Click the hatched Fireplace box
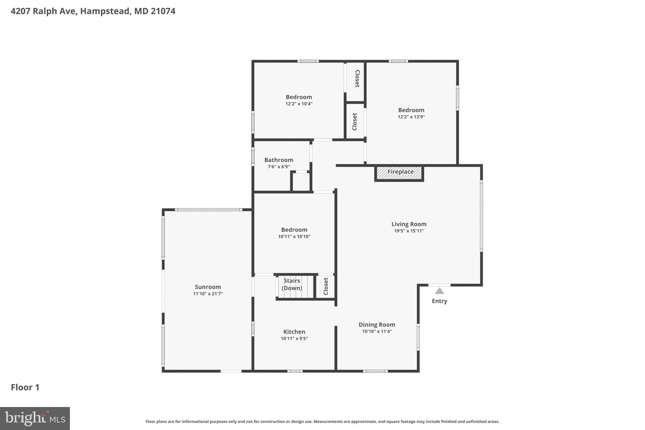(x=399, y=173)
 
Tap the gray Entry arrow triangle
(x=439, y=291)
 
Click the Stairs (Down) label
(x=292, y=284)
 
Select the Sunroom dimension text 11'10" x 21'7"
(x=208, y=294)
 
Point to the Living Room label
(x=409, y=224)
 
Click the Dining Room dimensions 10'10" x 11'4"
(x=377, y=331)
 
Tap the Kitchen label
(x=294, y=332)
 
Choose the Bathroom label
(x=278, y=160)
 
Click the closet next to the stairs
(x=326, y=286)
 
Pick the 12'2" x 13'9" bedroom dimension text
(x=411, y=117)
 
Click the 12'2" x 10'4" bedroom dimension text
(x=299, y=104)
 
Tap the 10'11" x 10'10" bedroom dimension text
(x=294, y=237)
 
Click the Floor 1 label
(x=25, y=387)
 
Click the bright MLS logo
(x=35, y=418)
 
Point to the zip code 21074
(x=163, y=11)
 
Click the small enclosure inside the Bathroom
(x=301, y=182)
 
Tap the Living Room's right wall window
(x=481, y=216)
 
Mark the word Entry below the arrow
(x=439, y=301)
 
